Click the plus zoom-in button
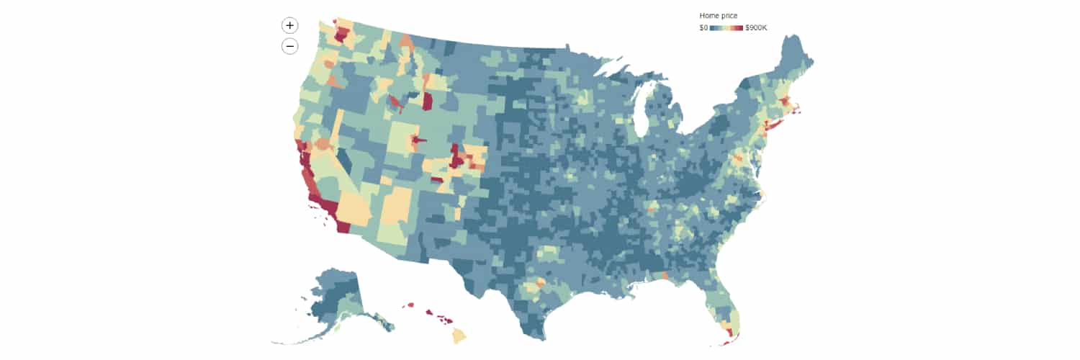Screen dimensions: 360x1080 coord(289,25)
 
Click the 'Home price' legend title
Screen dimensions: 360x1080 coord(718,15)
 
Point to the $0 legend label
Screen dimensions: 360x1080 coord(703,27)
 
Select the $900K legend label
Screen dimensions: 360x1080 coord(756,27)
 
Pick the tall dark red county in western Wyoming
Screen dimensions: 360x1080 coord(427,101)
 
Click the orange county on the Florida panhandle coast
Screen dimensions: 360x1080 coord(664,276)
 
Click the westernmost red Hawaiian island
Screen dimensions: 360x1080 coord(411,305)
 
